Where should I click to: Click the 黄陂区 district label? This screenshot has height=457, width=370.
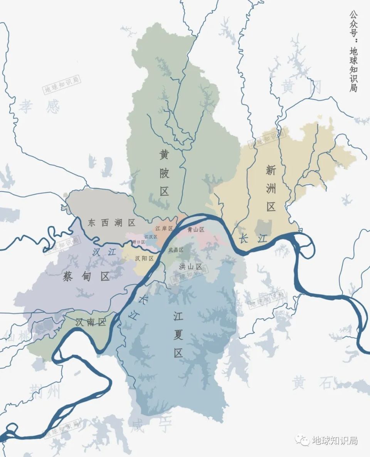(x=165, y=173)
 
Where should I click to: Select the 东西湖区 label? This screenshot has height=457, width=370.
(x=111, y=223)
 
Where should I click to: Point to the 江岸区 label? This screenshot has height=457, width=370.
(x=164, y=228)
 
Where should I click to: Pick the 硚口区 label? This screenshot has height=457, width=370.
(x=138, y=242)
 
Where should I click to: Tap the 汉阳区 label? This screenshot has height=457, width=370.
(x=145, y=258)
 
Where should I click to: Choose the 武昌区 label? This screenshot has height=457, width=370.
(x=176, y=250)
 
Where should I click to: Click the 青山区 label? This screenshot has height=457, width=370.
(x=196, y=230)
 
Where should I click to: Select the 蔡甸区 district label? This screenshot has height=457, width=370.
(x=86, y=276)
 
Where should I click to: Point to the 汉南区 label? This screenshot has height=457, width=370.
(x=91, y=322)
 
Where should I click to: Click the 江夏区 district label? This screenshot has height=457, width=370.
(x=178, y=334)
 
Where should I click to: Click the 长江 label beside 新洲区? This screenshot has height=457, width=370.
(x=253, y=239)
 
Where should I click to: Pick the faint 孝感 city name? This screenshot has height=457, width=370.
(x=40, y=106)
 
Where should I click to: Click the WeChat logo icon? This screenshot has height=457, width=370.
(x=302, y=440)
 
